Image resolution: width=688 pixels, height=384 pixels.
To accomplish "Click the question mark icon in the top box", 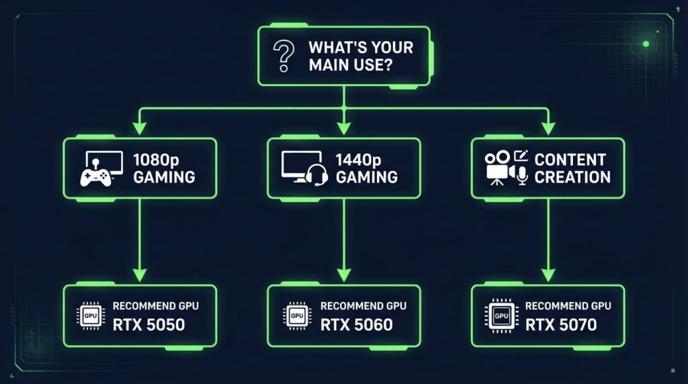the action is click(284, 56).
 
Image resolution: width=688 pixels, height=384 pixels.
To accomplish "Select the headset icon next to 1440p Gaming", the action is click(316, 175).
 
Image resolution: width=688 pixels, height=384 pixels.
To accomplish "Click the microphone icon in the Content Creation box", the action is click(521, 175).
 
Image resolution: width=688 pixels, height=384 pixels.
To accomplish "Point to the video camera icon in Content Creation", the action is click(499, 168).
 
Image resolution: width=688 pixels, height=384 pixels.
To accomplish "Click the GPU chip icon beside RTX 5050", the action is click(91, 316).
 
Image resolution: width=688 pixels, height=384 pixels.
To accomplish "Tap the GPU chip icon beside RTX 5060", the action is click(297, 316).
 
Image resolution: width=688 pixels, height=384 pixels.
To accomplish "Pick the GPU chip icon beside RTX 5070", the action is click(501, 316).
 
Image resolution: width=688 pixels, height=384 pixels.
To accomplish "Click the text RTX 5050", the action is click(148, 325).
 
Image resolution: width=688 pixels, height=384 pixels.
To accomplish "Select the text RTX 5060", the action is click(356, 325).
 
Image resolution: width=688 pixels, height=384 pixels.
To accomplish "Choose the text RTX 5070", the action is click(561, 325).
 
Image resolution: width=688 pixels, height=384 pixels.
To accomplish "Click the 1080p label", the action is click(156, 160).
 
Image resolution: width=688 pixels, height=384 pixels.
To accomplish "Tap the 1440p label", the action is click(359, 160).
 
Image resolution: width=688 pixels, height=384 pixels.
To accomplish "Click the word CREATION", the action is click(572, 177).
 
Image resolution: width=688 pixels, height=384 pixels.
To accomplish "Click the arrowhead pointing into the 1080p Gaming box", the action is click(140, 128).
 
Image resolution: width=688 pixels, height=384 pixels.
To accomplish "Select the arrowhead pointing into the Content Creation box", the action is click(548, 128).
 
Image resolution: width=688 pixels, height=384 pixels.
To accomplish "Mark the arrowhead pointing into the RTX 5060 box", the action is click(344, 275).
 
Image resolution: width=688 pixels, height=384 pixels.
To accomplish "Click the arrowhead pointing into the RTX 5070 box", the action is click(548, 275).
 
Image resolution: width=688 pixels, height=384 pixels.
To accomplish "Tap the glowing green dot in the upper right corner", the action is click(646, 44).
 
